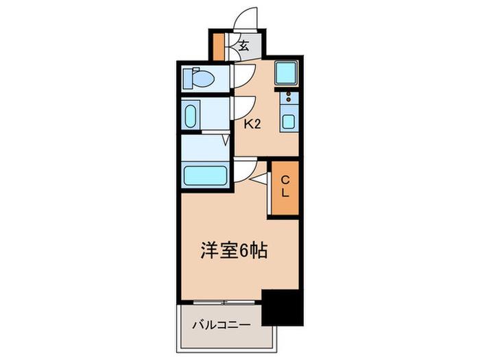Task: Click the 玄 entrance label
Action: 243,46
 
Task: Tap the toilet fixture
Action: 199,78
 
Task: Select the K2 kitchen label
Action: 252,124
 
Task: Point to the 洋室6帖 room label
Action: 235,251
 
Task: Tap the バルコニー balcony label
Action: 221,324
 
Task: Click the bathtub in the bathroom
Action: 206,176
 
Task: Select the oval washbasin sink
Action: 191,117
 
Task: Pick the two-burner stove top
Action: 289,97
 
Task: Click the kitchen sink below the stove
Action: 289,121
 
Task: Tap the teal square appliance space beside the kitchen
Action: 286,73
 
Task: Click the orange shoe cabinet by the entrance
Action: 219,46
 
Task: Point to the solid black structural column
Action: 283,307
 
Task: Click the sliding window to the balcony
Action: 224,302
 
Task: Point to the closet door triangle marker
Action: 260,180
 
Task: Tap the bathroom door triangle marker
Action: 226,140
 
